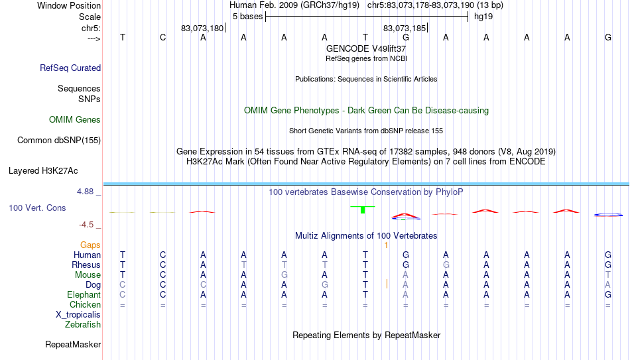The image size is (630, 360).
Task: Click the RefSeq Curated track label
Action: point(70,68)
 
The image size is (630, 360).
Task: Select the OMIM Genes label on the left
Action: point(75,120)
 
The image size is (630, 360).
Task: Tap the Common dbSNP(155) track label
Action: point(59,141)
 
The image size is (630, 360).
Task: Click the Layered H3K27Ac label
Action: point(43,171)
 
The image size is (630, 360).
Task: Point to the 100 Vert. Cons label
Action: point(37,208)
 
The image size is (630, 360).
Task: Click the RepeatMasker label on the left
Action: point(73,344)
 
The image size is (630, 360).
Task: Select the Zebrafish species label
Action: point(83,325)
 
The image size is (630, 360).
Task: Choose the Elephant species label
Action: point(84,295)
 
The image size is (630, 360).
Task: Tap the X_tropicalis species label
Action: point(78,315)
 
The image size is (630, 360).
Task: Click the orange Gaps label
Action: point(90,245)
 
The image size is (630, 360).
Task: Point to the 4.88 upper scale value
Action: point(85,192)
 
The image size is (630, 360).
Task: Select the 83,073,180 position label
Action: point(202,28)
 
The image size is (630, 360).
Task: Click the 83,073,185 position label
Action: point(405,28)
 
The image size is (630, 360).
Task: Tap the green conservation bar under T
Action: point(363,210)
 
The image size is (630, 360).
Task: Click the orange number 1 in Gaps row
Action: point(386,245)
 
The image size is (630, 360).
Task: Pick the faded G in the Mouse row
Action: point(284,275)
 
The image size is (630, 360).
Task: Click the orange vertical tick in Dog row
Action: point(387,284)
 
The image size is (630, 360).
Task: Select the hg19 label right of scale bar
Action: point(483,17)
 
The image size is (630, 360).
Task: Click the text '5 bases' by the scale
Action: point(247,17)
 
